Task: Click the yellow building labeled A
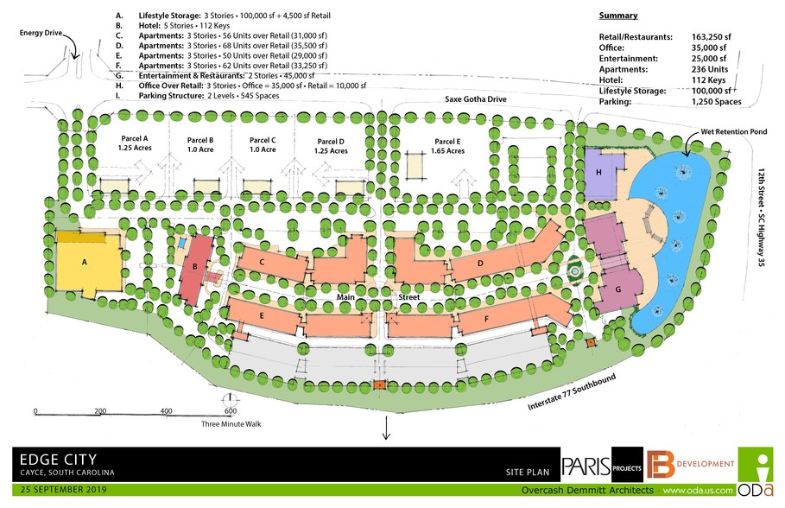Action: click(x=85, y=261)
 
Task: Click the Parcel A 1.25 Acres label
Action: click(x=134, y=143)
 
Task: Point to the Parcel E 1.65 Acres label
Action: click(x=447, y=146)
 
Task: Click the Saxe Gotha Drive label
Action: click(x=476, y=99)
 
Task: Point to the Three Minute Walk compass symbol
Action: click(x=231, y=400)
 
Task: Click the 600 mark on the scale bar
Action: click(x=230, y=411)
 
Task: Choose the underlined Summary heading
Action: click(x=617, y=16)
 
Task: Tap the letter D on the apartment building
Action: click(x=479, y=263)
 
